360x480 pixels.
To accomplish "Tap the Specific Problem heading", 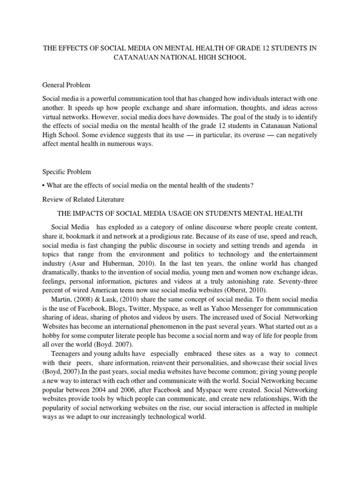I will (67, 172).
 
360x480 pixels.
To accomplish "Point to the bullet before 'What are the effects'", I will (44, 186).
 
